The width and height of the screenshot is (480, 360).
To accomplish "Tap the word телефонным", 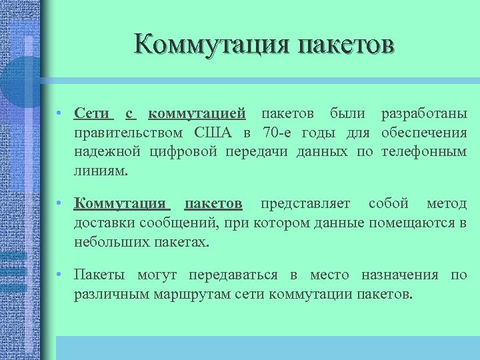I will (x=424, y=151).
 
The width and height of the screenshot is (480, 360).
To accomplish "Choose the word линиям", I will (x=100, y=171).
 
